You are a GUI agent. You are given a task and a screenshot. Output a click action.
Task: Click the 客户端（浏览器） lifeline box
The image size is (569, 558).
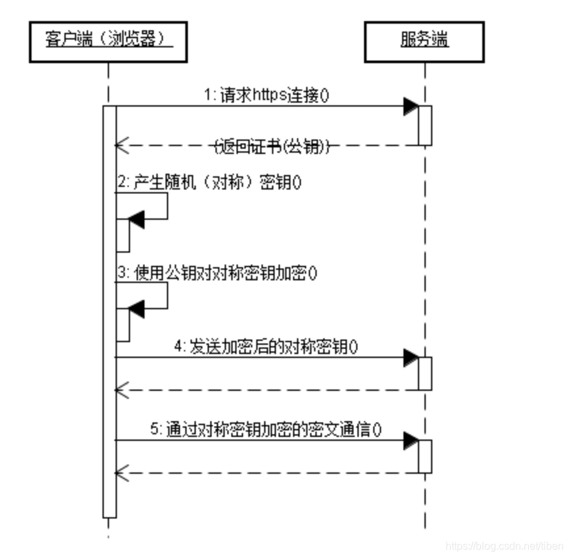click(x=108, y=41)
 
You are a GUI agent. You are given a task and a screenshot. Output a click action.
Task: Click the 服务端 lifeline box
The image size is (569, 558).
click(x=424, y=41)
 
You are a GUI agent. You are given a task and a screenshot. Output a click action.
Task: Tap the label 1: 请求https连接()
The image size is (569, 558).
click(x=266, y=95)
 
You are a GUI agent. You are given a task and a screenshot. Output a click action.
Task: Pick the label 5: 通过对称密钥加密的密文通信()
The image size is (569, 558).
click(x=266, y=428)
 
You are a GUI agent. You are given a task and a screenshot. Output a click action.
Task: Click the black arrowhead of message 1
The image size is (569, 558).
click(x=411, y=106)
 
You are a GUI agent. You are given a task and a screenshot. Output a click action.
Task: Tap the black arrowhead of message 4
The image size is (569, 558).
click(x=411, y=357)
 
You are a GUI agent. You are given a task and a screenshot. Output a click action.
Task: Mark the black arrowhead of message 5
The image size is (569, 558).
click(x=411, y=440)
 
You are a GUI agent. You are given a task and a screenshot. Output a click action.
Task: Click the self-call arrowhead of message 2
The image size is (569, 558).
click(x=136, y=220)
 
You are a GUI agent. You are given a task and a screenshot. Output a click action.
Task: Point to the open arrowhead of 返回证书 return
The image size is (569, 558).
click(x=120, y=145)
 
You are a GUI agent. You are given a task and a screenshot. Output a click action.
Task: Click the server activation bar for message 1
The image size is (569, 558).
click(x=425, y=125)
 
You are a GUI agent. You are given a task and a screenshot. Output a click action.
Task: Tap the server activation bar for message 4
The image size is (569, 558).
click(x=425, y=373)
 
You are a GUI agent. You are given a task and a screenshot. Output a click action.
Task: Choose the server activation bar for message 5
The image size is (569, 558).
click(x=425, y=456)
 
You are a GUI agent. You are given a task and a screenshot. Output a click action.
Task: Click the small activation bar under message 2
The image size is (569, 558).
click(x=123, y=235)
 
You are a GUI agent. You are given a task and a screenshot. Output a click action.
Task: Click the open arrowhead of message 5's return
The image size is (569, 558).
click(x=120, y=472)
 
